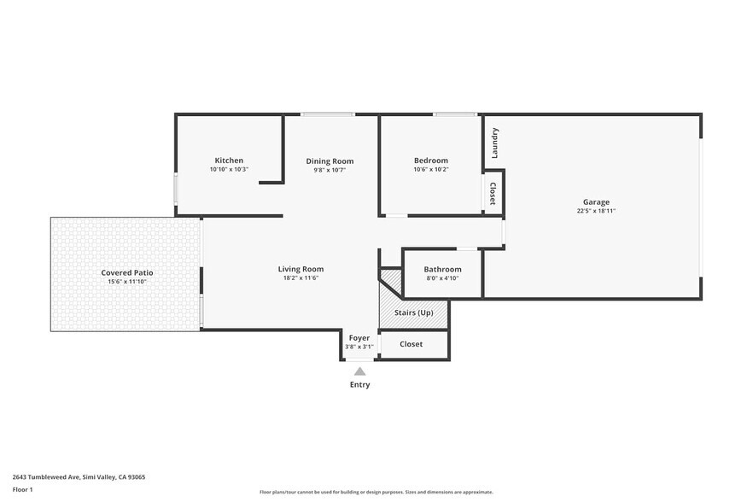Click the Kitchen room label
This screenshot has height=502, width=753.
[x=229, y=161]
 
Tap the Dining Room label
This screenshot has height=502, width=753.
[x=330, y=161]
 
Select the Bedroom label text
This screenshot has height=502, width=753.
[x=430, y=161]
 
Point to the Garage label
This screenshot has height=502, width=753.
[x=596, y=202]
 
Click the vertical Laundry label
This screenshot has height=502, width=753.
[x=494, y=143]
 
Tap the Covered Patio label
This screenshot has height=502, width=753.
[x=126, y=272]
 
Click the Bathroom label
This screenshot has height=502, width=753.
[x=442, y=269]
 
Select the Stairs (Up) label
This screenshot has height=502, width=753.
[x=413, y=312]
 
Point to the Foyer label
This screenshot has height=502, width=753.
[x=359, y=338]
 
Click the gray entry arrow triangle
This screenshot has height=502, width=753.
[x=359, y=371]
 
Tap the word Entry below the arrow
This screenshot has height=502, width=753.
[x=359, y=385]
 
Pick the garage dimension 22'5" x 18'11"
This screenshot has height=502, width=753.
[x=596, y=211]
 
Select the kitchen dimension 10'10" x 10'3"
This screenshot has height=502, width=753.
[x=229, y=169]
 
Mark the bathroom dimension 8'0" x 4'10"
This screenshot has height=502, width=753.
[x=442, y=278]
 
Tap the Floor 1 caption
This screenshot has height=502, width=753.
[x=22, y=489]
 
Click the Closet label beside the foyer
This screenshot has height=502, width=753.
[x=412, y=344]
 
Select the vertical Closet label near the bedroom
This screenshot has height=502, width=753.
[x=493, y=194]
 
